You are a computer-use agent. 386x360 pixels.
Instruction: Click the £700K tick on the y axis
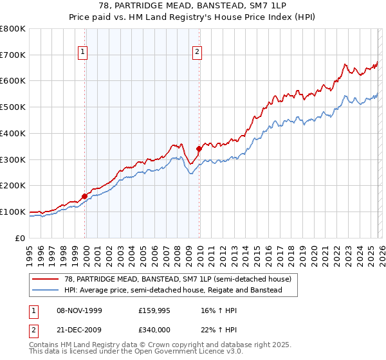[13, 55]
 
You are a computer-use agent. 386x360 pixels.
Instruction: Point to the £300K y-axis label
[13, 159]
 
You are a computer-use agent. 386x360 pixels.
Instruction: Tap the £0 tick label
[21, 238]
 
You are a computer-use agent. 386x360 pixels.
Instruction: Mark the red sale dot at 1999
[85, 196]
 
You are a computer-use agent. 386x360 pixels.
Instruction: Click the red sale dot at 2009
[199, 148]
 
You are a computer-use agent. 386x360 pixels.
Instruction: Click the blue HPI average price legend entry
[173, 291]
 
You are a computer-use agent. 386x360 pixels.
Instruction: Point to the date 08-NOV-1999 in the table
[78, 310]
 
